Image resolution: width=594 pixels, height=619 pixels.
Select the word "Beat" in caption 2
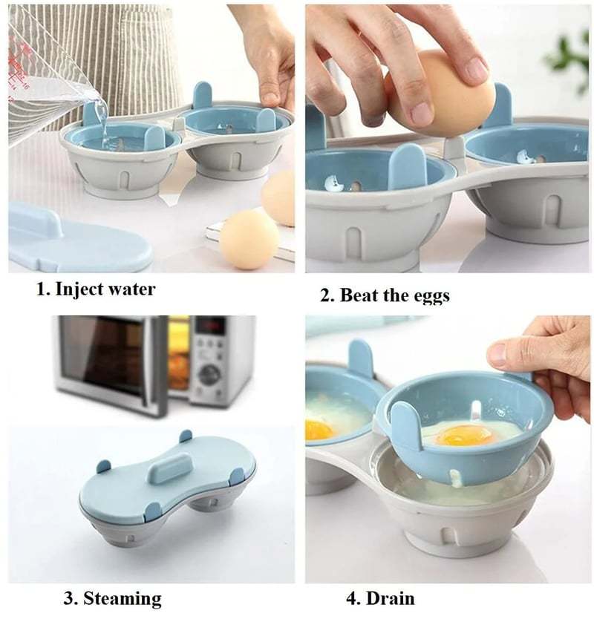click(x=361, y=295)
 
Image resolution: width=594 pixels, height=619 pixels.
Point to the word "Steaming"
click(x=122, y=598)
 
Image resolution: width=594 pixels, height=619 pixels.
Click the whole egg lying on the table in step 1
click(x=248, y=238)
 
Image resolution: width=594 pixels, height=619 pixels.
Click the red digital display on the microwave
click(x=210, y=326)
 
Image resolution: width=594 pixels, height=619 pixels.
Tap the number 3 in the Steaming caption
click(x=65, y=598)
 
